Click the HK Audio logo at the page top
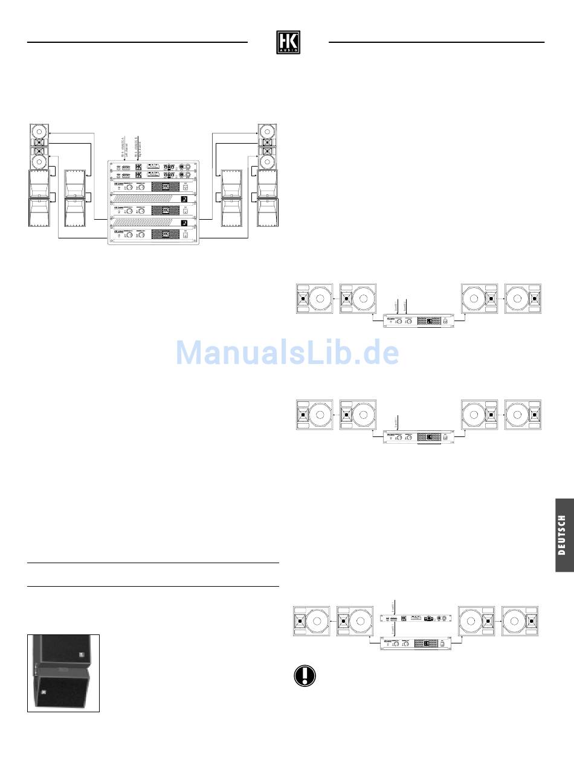(x=288, y=42)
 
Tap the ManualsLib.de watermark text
(x=287, y=353)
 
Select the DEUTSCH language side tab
(x=563, y=534)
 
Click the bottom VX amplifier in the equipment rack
(x=153, y=233)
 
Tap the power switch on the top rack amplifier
(x=186, y=187)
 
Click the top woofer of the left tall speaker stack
(x=39, y=131)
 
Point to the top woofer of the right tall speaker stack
(x=267, y=131)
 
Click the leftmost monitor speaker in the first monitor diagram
(x=314, y=298)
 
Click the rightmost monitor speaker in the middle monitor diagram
(x=524, y=415)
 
